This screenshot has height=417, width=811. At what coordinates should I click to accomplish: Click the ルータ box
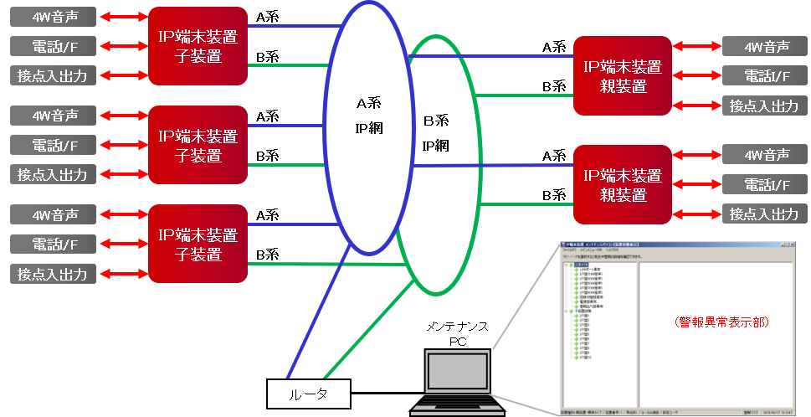tap(308, 393)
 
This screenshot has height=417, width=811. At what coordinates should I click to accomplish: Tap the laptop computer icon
tap(456, 382)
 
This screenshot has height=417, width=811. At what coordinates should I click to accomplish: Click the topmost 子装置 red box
tap(198, 46)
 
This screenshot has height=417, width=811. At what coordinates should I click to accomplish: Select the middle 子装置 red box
tap(198, 144)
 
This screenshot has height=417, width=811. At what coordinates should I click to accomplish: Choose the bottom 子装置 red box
tap(198, 243)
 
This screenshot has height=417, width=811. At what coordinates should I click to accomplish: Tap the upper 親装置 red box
tap(623, 75)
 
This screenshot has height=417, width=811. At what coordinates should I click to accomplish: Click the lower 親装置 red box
tap(623, 184)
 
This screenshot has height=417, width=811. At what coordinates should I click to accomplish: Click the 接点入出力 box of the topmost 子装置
tap(53, 75)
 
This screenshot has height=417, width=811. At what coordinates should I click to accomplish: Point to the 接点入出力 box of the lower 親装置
tap(763, 214)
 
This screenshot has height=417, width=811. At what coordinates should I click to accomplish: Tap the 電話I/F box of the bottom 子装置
tap(53, 244)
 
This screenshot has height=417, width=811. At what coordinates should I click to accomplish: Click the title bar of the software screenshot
tap(678, 243)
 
